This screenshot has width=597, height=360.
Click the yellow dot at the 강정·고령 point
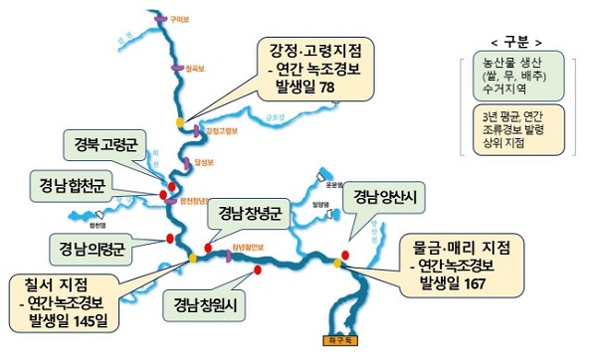[x=180, y=122]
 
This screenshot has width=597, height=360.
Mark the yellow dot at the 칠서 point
[x=191, y=259]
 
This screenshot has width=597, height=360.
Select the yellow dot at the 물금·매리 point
[x=338, y=264]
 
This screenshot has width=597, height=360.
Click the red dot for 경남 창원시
[x=258, y=270]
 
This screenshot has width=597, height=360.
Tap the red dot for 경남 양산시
[x=345, y=253]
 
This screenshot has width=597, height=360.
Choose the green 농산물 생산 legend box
[x=515, y=76]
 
